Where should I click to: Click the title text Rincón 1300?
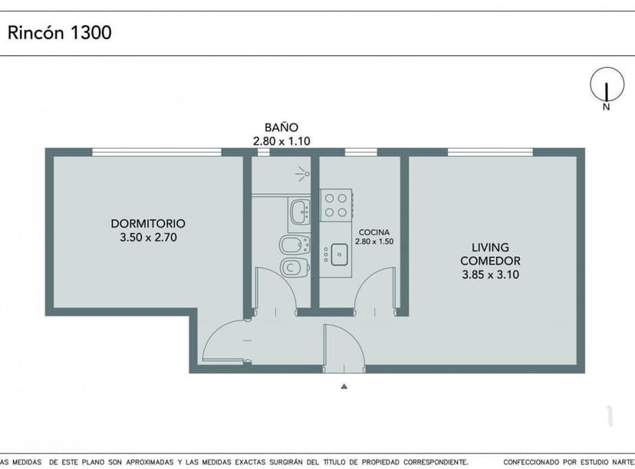point(60,33)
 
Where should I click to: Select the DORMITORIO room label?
point(148,224)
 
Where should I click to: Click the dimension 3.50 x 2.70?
point(148,238)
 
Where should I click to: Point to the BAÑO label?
point(281,127)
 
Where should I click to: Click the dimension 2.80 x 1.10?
point(281,141)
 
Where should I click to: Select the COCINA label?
point(373,231)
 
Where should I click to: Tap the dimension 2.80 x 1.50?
point(373,241)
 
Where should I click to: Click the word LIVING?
point(490,247)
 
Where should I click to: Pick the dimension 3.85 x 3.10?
point(490,274)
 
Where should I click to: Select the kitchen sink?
point(338,254)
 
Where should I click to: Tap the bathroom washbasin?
point(299,211)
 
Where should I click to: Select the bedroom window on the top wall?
point(156,152)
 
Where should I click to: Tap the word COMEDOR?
point(490,261)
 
